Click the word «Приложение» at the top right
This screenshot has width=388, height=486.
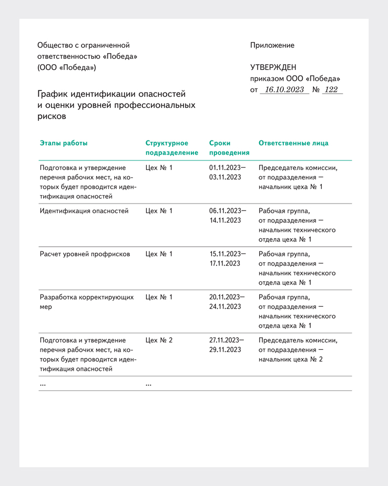(x=272, y=45)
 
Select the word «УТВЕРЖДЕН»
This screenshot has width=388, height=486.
(x=273, y=67)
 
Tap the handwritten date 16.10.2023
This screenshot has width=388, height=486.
(x=284, y=90)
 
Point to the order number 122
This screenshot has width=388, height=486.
(x=331, y=90)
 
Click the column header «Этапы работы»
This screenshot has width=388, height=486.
(x=64, y=143)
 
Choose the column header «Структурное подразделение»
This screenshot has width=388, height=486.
(x=171, y=148)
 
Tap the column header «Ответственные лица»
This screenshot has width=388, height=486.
(x=293, y=143)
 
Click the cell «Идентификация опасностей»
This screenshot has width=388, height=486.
(x=84, y=211)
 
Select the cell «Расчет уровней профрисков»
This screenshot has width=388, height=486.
(x=85, y=254)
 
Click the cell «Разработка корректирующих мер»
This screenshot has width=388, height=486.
(x=87, y=301)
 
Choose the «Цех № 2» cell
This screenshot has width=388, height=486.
(x=159, y=340)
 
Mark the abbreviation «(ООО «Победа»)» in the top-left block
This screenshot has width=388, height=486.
(x=67, y=67)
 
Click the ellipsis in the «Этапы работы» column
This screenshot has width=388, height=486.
(x=43, y=384)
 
